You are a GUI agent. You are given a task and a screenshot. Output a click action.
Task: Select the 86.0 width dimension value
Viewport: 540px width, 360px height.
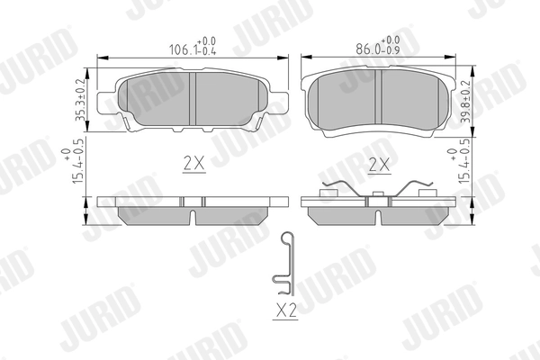pos(366,50)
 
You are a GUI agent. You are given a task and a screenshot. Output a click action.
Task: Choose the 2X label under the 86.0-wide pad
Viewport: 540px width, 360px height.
pos(379,166)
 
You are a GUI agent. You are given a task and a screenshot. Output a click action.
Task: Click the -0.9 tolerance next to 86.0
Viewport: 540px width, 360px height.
pos(391,52)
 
